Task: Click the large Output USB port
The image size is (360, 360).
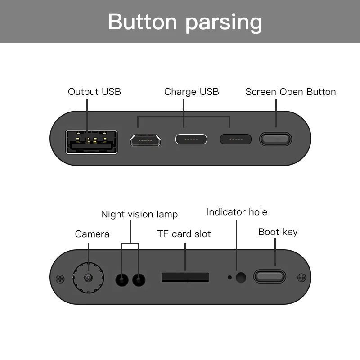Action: (x=91, y=142)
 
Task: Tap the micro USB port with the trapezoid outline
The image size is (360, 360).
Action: (x=145, y=140)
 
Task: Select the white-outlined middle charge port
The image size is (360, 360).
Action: (x=191, y=139)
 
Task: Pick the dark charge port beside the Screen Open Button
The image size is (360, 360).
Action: (x=236, y=139)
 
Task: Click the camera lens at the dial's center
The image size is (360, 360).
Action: (x=88, y=278)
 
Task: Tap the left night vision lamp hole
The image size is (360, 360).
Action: (x=122, y=279)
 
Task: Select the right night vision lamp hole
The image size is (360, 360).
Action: (x=139, y=279)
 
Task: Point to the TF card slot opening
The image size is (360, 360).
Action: (x=185, y=277)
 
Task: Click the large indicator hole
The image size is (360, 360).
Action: (x=241, y=277)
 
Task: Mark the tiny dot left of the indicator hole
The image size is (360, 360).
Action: (x=229, y=277)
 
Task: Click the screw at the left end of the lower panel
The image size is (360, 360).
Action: (x=60, y=279)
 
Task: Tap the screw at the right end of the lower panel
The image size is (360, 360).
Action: (x=301, y=278)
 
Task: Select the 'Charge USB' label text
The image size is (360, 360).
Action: (x=192, y=92)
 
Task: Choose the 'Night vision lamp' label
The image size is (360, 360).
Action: (x=139, y=215)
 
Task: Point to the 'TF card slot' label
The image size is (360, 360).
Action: (x=184, y=234)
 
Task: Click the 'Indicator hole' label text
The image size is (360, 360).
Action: (x=237, y=212)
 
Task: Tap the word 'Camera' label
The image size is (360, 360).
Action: (x=92, y=234)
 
